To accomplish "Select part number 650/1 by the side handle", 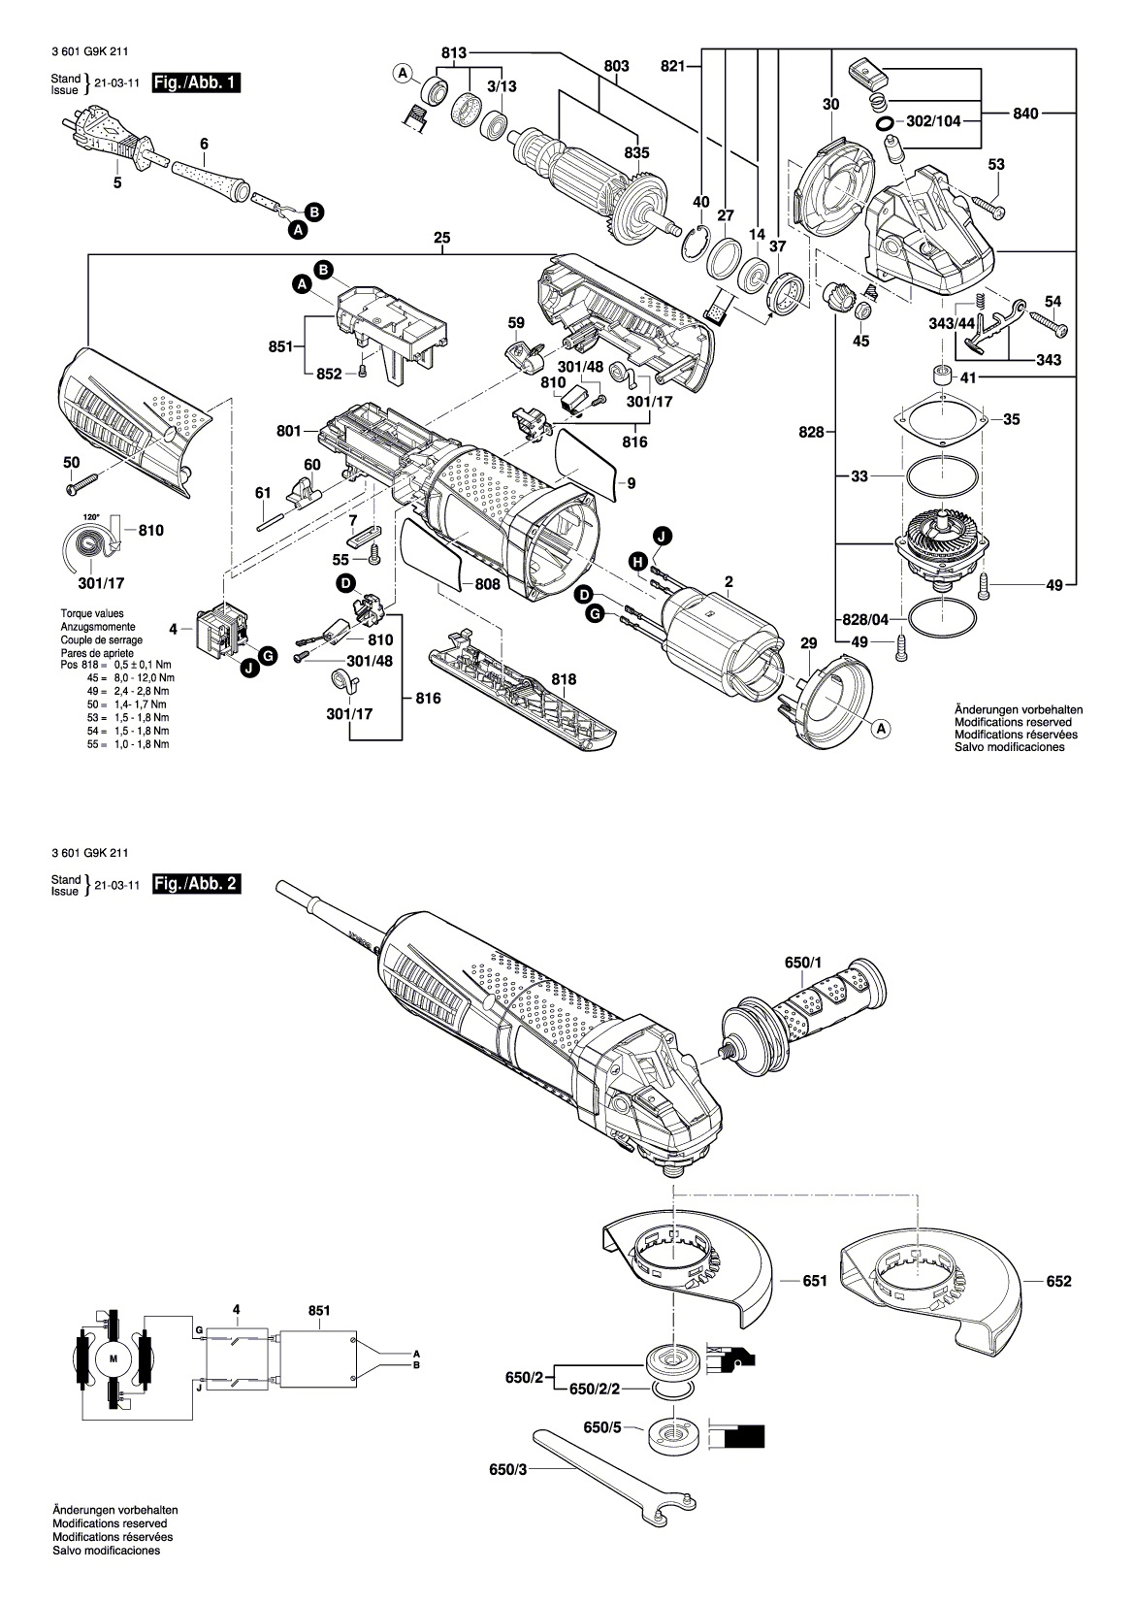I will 802,963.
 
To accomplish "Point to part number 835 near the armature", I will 636,153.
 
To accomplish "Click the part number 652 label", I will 1059,1281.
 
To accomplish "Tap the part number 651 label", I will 815,1281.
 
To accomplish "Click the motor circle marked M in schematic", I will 112,1358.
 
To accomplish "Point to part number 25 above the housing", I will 443,238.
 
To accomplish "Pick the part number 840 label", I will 1025,114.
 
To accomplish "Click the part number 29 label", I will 809,642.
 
